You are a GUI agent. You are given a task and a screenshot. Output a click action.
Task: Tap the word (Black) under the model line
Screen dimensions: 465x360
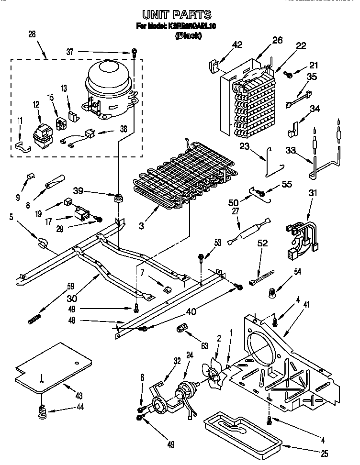[188, 36]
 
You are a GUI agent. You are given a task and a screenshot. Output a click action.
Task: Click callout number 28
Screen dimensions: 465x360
[32, 34]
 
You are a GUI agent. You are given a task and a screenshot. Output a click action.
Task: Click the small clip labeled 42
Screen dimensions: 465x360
[214, 65]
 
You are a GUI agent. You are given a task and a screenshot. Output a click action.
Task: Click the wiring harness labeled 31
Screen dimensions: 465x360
[302, 234]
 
